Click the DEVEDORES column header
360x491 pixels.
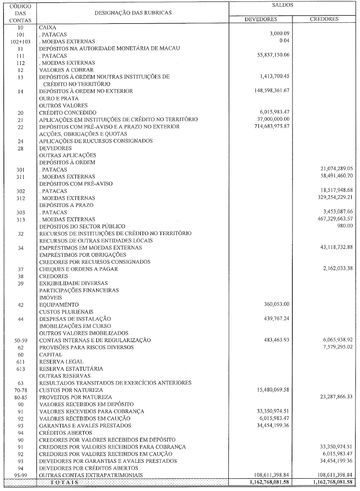pyautogui.click(x=261, y=19)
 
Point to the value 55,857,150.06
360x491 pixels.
pyautogui.click(x=271, y=56)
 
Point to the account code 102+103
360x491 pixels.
pyautogui.click(x=21, y=42)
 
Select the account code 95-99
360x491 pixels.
pyautogui.click(x=21, y=475)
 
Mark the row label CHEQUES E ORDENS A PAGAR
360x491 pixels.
pyautogui.click(x=78, y=269)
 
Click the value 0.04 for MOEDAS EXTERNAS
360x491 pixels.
pyautogui.click(x=284, y=41)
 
